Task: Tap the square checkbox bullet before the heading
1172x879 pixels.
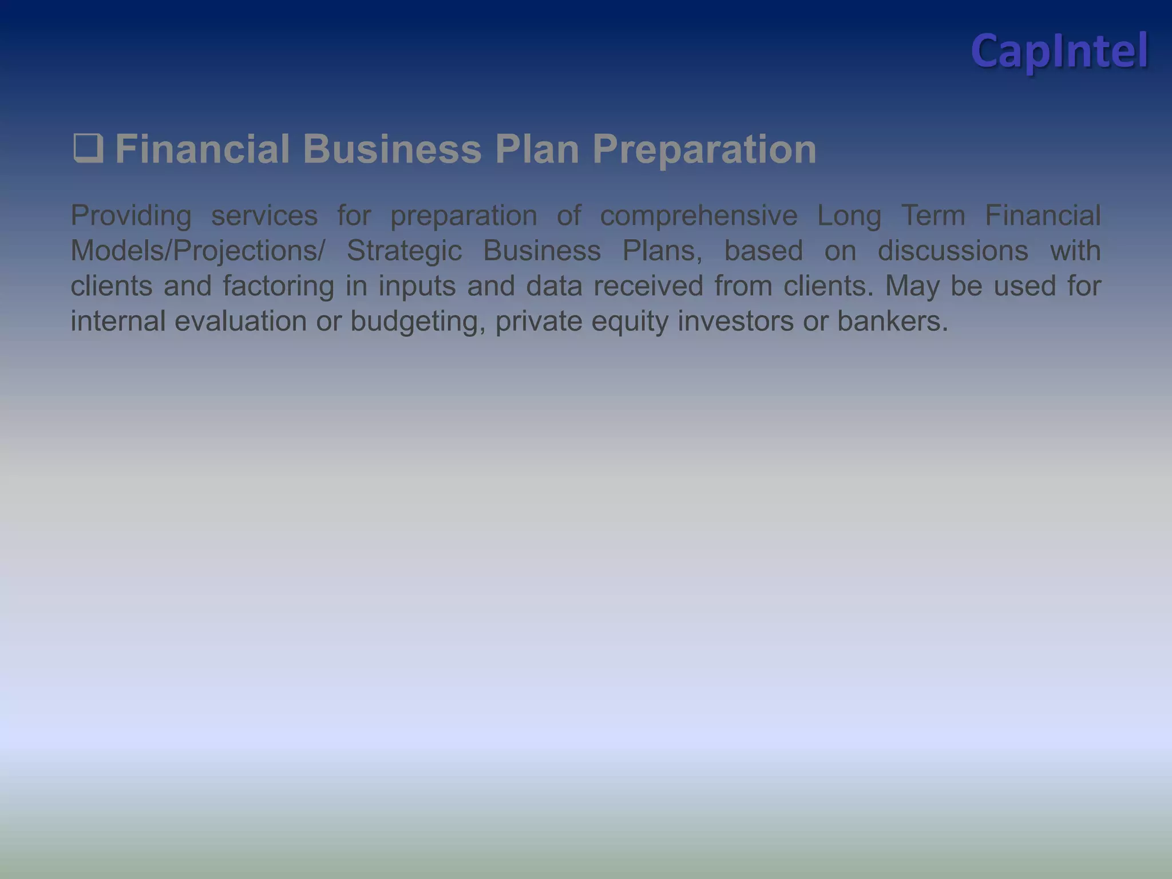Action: [x=88, y=148]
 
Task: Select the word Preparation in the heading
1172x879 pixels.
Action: [x=704, y=149]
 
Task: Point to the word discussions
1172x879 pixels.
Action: [x=953, y=251]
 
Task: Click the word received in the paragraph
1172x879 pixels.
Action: [x=648, y=286]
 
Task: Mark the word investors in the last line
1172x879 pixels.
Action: [x=735, y=320]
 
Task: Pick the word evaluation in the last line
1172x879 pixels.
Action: [x=240, y=320]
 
